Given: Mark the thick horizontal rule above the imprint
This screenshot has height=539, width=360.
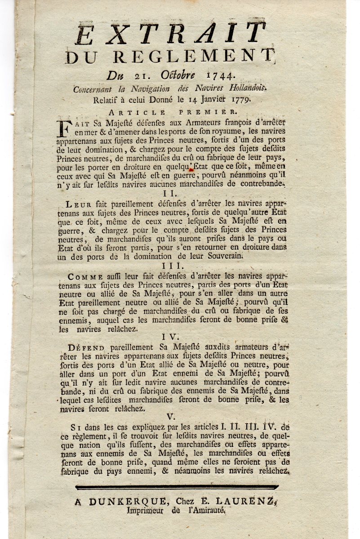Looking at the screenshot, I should point(179,487).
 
